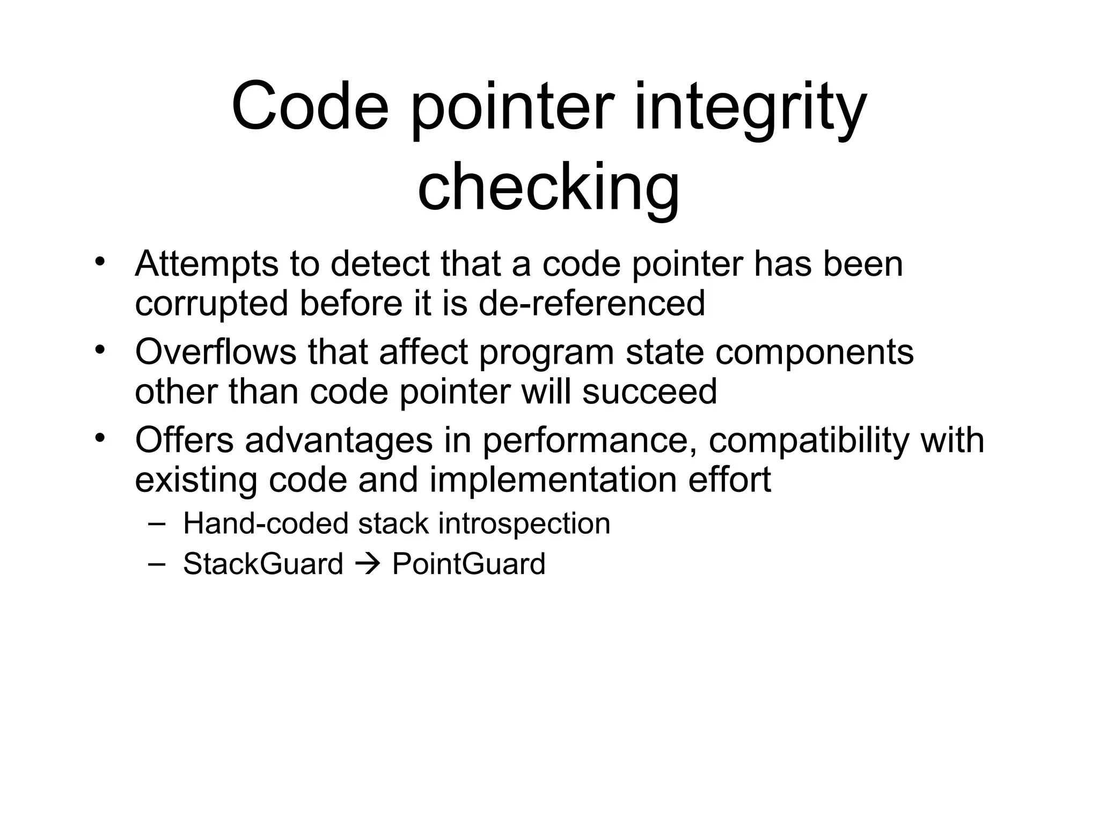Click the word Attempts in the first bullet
pyautogui.click(x=207, y=265)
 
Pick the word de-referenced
pyautogui.click(x=591, y=303)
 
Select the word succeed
pyautogui.click(x=650, y=391)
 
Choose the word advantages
pyautogui.click(x=339, y=440)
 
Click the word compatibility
pyautogui.click(x=809, y=442)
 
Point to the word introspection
pyautogui.click(x=524, y=524)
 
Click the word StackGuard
pyautogui.click(x=263, y=564)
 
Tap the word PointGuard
pyautogui.click(x=468, y=564)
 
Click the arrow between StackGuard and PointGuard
pyautogui.click(x=368, y=564)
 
